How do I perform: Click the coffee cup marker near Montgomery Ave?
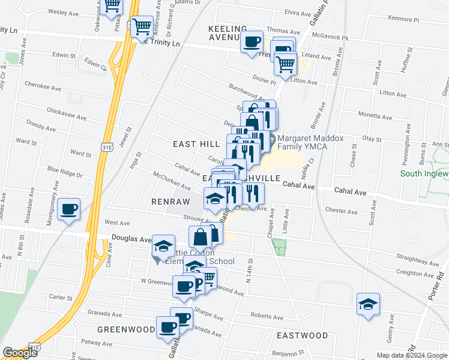(70, 209)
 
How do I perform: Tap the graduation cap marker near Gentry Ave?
(368, 304)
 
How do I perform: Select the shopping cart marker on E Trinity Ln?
(142, 26)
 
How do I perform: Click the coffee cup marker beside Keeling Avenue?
(252, 42)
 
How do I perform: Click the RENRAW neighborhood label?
(170, 202)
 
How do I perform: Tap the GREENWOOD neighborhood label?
(127, 329)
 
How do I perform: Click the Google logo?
(19, 353)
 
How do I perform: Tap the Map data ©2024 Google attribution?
(412, 355)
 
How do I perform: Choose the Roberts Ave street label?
(266, 315)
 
